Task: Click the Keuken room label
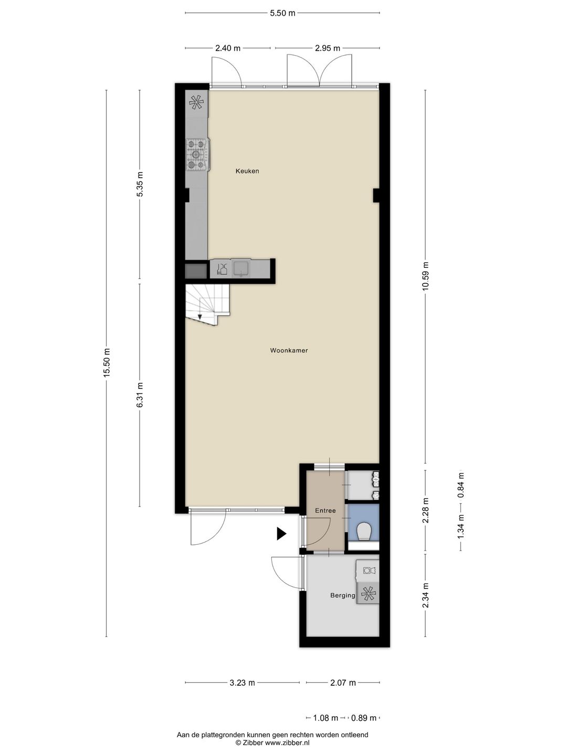[247, 171]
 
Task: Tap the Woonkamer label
[289, 350]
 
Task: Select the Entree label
[325, 511]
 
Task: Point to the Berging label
[342, 596]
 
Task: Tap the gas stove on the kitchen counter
[197, 154]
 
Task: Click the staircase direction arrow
[200, 316]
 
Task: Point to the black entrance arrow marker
[281, 534]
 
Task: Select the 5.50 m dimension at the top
[282, 13]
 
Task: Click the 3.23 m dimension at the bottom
[242, 683]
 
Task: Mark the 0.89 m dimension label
[363, 718]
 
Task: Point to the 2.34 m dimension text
[426, 596]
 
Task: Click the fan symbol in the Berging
[369, 594]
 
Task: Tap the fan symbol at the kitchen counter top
[197, 102]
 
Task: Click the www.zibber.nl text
[287, 743]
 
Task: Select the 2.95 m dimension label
[328, 48]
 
